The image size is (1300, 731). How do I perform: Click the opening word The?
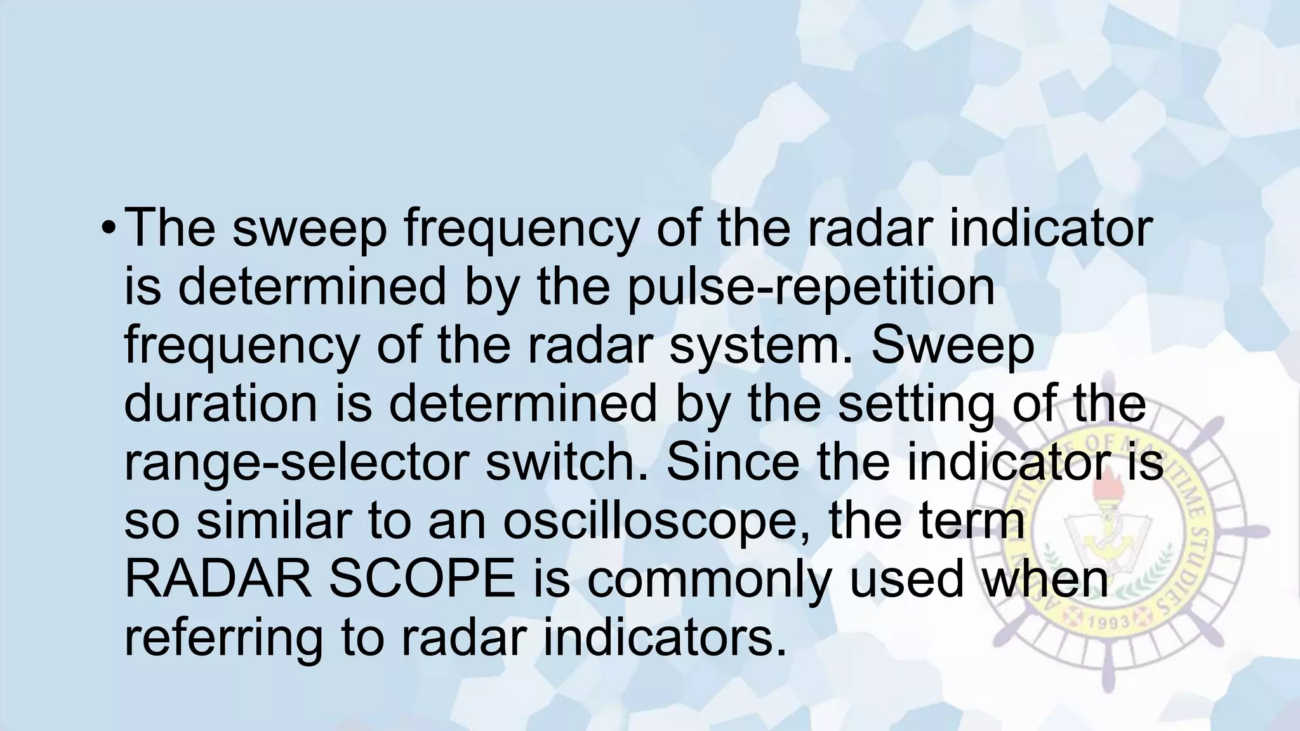pyautogui.click(x=169, y=228)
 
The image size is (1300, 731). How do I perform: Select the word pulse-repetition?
pyautogui.click(x=811, y=287)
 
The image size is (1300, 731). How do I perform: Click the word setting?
pyautogui.click(x=916, y=404)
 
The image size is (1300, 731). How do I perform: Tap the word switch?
pyautogui.click(x=567, y=463)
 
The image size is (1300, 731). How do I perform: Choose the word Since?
pyautogui.click(x=733, y=463)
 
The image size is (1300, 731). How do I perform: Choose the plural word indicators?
pyautogui.click(x=665, y=638)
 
